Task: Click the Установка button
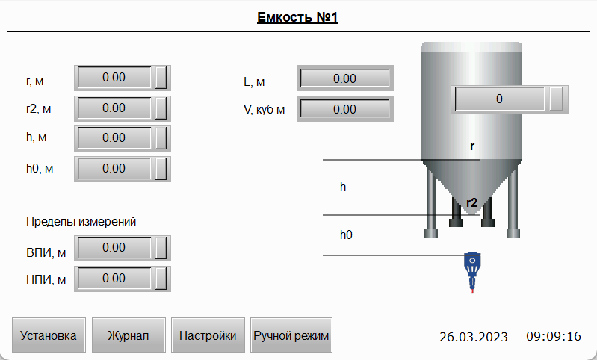(49, 335)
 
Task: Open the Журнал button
(129, 335)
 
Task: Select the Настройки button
(208, 335)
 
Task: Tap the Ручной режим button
(291, 335)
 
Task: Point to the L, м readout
(345, 78)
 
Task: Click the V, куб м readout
(345, 109)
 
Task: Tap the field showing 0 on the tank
(510, 99)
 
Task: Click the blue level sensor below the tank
(472, 272)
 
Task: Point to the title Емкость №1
(297, 17)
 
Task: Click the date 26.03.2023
(474, 336)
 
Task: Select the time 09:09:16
(554, 336)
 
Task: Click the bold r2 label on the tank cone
(471, 202)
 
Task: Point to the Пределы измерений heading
(81, 222)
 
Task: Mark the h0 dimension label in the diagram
(346, 235)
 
